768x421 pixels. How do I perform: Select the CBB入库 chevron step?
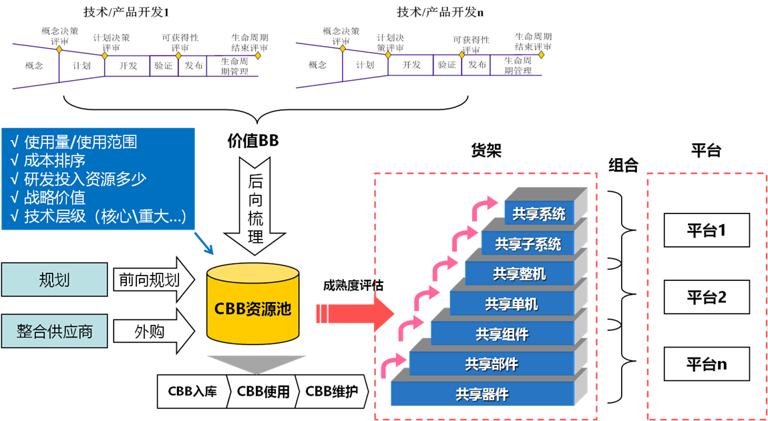[x=191, y=392]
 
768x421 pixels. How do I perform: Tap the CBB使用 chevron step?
[x=262, y=392]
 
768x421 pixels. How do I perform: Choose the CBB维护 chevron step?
[x=332, y=392]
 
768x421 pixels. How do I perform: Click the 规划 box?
[x=54, y=280]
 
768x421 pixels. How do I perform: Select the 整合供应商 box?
[x=54, y=332]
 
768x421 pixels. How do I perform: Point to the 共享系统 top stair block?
[x=538, y=214]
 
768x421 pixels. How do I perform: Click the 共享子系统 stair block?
[x=528, y=244]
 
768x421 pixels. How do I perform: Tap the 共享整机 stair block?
[x=519, y=274]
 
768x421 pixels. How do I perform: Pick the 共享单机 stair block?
[x=512, y=304]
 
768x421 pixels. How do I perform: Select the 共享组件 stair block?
[x=502, y=334]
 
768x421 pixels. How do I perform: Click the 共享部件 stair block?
[x=492, y=364]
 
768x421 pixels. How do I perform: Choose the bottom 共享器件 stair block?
[x=482, y=394]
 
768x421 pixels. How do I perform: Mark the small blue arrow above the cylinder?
[x=204, y=244]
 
